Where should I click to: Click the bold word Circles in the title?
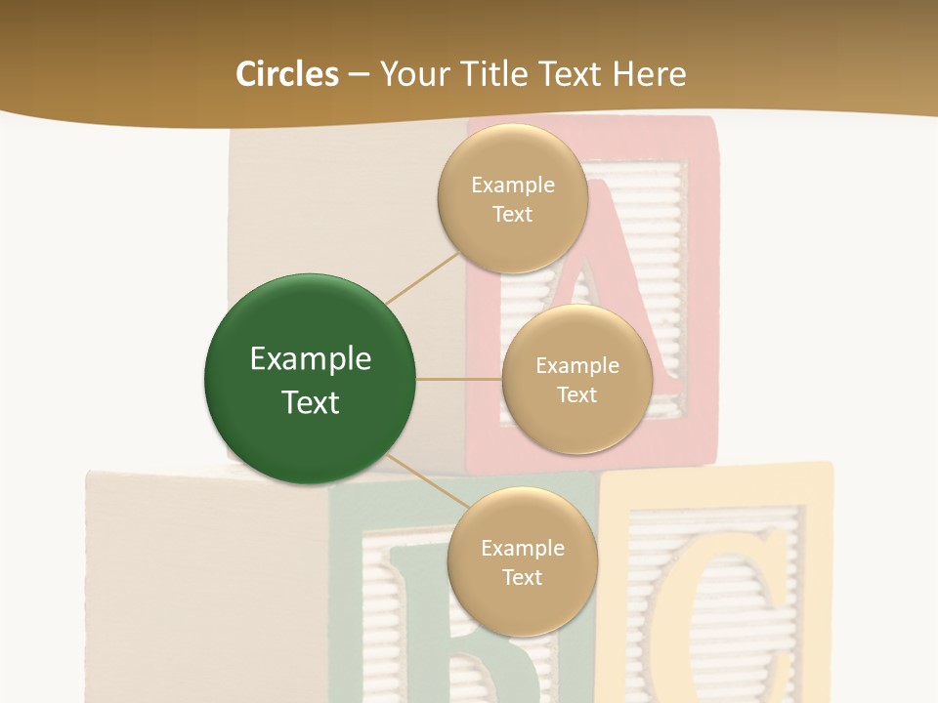287,74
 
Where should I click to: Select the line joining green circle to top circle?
422,277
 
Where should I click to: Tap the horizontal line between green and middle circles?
458,379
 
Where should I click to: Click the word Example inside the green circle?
311,359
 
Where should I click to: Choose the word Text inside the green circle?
311,402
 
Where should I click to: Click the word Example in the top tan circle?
513,186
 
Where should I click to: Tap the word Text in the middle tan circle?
576,394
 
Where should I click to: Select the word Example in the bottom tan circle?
523,549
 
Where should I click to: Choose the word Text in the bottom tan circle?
522,577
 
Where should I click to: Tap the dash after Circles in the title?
359,74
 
